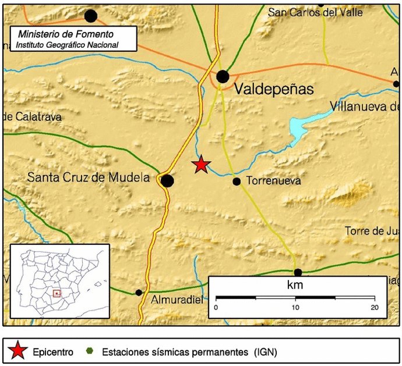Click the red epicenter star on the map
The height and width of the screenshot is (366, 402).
pyautogui.click(x=201, y=165)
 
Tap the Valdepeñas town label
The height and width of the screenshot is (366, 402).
pyautogui.click(x=273, y=90)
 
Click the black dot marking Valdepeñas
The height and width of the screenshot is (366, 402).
pyautogui.click(x=223, y=76)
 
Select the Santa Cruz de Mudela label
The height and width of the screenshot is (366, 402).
pyautogui.click(x=89, y=178)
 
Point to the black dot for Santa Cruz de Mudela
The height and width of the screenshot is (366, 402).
pyautogui.click(x=167, y=181)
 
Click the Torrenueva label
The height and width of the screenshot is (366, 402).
pyautogui.click(x=274, y=182)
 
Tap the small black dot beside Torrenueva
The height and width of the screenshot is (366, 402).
pyautogui.click(x=237, y=182)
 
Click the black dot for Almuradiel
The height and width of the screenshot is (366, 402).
pyautogui.click(x=139, y=293)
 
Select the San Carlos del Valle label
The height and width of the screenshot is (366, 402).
pyautogui.click(x=315, y=12)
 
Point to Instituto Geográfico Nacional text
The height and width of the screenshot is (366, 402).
pyautogui.click(x=67, y=45)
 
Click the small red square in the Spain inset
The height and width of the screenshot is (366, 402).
pyautogui.click(x=56, y=294)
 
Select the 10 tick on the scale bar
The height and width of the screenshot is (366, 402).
pyautogui.click(x=295, y=307)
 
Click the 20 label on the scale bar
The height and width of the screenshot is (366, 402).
pyautogui.click(x=374, y=307)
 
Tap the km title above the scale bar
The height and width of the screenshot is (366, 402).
pyautogui.click(x=295, y=286)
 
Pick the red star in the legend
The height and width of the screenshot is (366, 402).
pyautogui.click(x=18, y=351)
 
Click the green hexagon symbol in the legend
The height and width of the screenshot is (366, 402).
pyautogui.click(x=89, y=351)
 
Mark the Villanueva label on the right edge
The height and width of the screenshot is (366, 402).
pyautogui.click(x=364, y=106)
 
